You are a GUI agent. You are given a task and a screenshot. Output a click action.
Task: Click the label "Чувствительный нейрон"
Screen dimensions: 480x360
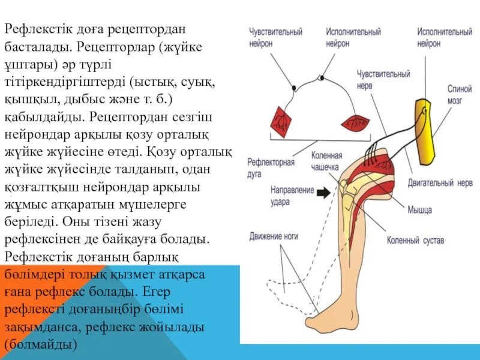tap(276, 37)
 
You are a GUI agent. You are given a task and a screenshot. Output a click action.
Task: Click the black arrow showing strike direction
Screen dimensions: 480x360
tap(325, 193)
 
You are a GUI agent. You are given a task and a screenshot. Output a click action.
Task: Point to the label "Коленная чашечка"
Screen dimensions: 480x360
tap(326, 161)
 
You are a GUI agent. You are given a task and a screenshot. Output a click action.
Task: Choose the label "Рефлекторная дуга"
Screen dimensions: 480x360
tap(271, 167)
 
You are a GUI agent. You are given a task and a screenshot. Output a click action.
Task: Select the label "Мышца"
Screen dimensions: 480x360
tap(420, 210)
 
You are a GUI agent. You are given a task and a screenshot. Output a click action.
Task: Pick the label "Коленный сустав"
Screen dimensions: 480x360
tap(416, 241)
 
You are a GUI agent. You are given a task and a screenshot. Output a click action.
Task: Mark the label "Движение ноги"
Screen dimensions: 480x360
tap(274, 236)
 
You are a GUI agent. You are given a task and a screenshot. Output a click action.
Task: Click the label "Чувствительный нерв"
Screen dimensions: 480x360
tap(383, 80)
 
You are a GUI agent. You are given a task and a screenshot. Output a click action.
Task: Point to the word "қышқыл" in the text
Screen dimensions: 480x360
tap(25, 97)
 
